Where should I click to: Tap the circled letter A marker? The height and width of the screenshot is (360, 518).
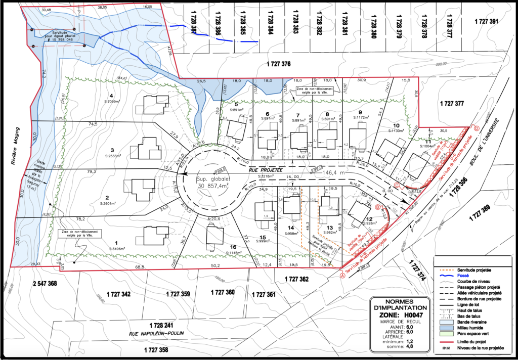(342, 276)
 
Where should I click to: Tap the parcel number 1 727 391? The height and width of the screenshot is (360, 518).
(487, 21)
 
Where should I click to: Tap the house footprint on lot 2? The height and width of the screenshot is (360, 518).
(143, 189)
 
